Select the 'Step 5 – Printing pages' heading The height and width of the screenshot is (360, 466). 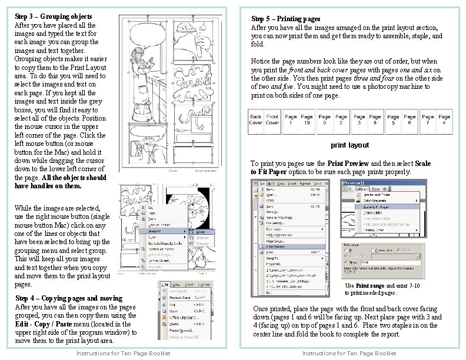coord(286,19)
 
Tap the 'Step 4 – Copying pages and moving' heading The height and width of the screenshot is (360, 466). coord(69,298)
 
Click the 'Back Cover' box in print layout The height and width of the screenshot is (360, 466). coord(256,120)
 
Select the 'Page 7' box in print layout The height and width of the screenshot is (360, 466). coord(428,120)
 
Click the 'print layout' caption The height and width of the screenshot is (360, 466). coord(349,145)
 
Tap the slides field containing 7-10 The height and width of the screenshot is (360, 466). coord(376,263)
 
